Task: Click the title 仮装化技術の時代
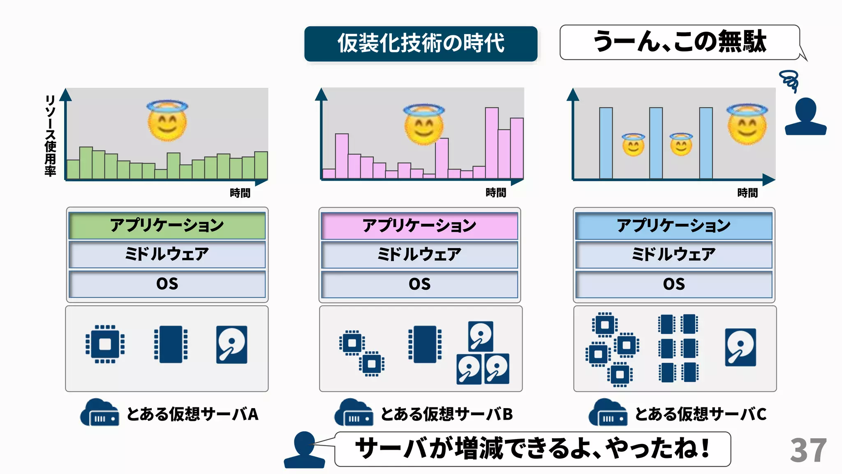click(x=421, y=44)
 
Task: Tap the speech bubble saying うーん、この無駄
click(x=679, y=42)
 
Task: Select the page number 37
click(x=808, y=450)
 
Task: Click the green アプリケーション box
click(x=167, y=225)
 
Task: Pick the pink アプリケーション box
click(x=419, y=225)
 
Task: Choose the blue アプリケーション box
click(x=673, y=225)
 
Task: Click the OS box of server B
click(x=419, y=284)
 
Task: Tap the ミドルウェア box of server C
click(x=673, y=254)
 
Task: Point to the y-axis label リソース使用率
click(x=50, y=136)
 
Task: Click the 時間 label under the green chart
click(x=240, y=193)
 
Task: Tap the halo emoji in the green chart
click(x=167, y=120)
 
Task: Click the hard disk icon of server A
click(x=232, y=345)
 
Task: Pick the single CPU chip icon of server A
click(x=105, y=344)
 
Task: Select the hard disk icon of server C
click(x=740, y=347)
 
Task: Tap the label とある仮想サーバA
click(x=192, y=414)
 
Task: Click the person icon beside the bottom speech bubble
click(x=304, y=450)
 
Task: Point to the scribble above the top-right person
click(x=789, y=81)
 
